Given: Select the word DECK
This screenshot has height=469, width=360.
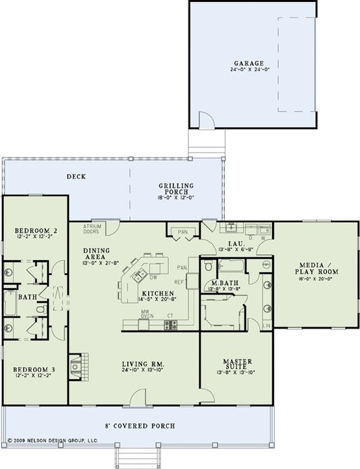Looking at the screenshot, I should coord(75,178).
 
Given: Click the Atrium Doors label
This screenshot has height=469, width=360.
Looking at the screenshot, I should coord(92,229).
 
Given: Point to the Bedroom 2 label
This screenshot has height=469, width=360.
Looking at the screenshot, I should coord(34,232).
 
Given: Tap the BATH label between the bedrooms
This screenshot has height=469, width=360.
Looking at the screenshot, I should coord(27,297).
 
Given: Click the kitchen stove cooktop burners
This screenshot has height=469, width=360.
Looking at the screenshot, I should coord(170,325).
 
